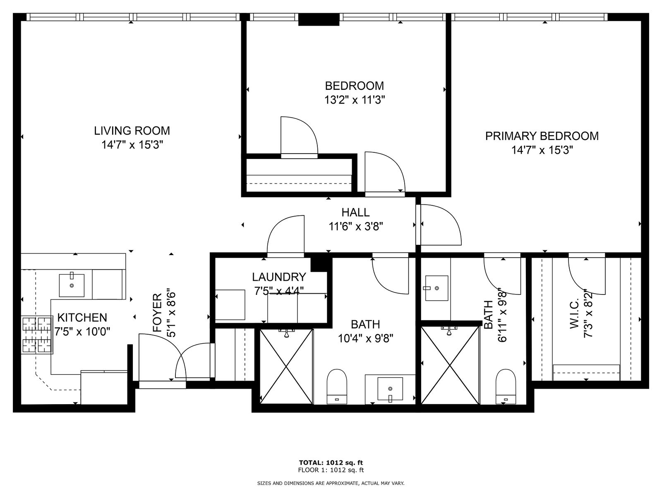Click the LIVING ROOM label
pyautogui.click(x=132, y=130)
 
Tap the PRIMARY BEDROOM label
pyautogui.click(x=542, y=136)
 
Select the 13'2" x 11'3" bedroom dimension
pyautogui.click(x=355, y=99)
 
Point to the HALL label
pyautogui.click(x=355, y=212)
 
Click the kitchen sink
pyautogui.click(x=72, y=285)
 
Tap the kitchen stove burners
pyautogui.click(x=37, y=335)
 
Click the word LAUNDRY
pyautogui.click(x=279, y=277)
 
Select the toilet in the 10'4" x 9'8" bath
pyautogui.click(x=337, y=386)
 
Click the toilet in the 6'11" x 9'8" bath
pyautogui.click(x=506, y=386)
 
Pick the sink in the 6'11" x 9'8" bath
pyautogui.click(x=437, y=288)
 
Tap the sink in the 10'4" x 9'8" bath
pyautogui.click(x=390, y=388)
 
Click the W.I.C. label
pyautogui.click(x=574, y=318)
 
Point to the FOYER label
pyautogui.click(x=158, y=313)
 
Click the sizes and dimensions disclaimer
pyautogui.click(x=331, y=492)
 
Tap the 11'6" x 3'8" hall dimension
pyautogui.click(x=355, y=226)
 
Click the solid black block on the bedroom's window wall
pyautogui.click(x=319, y=19)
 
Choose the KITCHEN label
pyautogui.click(x=82, y=318)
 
